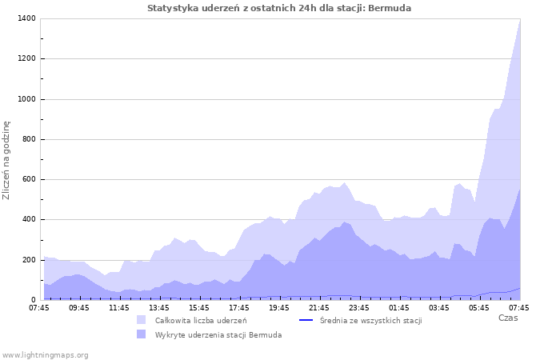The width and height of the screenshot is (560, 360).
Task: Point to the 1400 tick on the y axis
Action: [25, 18]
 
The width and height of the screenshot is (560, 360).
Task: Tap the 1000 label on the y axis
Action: [25, 99]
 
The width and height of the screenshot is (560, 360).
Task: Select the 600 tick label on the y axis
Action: [28, 179]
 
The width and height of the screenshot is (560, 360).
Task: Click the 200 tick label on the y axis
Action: [28, 260]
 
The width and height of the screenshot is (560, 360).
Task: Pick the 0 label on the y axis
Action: [33, 300]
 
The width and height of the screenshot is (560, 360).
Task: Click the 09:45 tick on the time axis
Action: [79, 307]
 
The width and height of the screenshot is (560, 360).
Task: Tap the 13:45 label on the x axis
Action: [159, 307]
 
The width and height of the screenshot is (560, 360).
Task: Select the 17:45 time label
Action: [239, 307]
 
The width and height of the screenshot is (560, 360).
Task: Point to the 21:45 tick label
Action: [319, 307]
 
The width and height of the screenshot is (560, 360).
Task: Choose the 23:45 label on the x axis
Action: [359, 307]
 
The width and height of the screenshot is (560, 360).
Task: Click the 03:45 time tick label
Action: [439, 307]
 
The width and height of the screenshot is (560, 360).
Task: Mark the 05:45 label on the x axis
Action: [479, 307]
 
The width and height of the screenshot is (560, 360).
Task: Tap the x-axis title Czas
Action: [508, 318]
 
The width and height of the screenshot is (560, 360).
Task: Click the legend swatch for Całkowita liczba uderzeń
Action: [142, 321]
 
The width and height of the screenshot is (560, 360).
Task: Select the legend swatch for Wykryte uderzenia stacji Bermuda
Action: [142, 334]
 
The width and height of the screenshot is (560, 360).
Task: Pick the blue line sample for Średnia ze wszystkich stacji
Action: [305, 321]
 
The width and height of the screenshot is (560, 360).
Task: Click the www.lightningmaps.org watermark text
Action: [46, 354]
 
